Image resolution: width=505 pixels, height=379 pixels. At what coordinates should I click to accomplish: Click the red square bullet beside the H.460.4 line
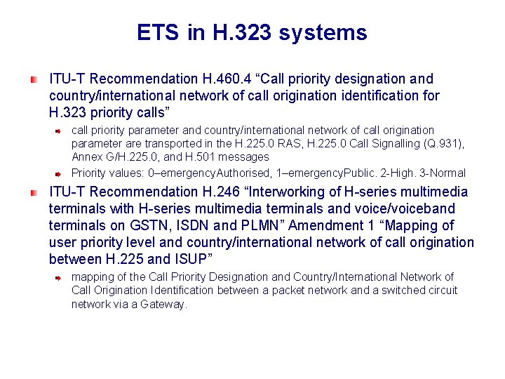34,79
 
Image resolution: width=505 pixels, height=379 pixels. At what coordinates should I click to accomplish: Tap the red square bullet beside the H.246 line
34,192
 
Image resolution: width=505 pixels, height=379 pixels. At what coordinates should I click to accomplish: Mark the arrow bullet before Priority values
61,173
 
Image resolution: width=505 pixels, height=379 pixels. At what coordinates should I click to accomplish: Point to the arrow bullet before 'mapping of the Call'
61,277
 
